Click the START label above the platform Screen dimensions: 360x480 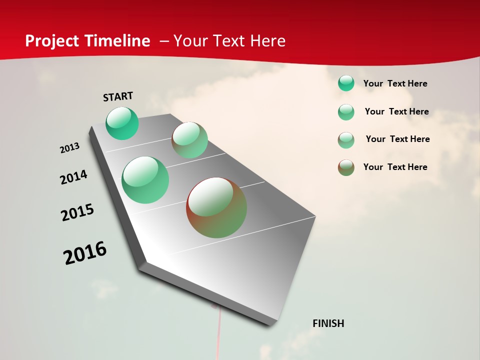coord(118,96)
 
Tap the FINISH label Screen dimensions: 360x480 coord(328,323)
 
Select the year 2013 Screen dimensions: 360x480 coord(70,148)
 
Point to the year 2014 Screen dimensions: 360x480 coord(74,177)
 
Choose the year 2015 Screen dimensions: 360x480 coord(77,213)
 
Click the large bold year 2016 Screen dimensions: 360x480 coord(85,253)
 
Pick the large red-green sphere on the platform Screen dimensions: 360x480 coord(216,207)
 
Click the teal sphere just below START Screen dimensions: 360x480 coord(122,123)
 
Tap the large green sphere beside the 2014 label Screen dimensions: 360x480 coord(145,180)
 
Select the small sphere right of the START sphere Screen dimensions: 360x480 coord(190,140)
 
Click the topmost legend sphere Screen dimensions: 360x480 coord(346,83)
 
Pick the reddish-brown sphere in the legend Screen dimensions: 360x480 coord(346,167)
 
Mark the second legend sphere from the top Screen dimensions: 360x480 coord(346,112)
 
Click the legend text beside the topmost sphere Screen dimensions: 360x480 coord(395,83)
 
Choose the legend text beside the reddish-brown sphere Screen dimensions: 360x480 coord(395,167)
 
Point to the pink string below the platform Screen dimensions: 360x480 coord(218,335)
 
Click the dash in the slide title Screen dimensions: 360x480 coord(164,41)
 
